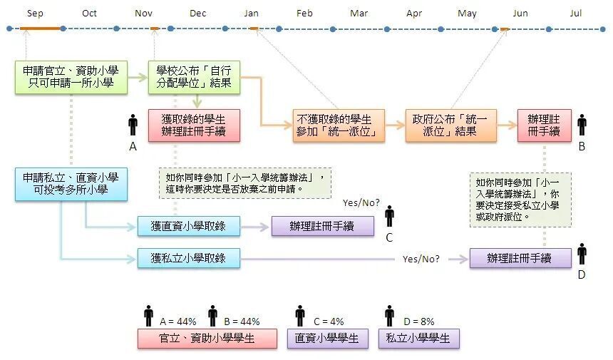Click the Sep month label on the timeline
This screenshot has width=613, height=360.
point(35,14)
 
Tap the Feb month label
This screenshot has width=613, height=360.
point(304,14)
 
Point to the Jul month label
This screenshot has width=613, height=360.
point(575,14)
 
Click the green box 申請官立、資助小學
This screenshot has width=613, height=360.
point(71,77)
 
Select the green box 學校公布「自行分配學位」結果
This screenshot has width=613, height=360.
point(194,77)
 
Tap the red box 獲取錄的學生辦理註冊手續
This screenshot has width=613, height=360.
point(194,125)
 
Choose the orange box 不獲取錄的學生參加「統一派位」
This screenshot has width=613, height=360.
point(339,125)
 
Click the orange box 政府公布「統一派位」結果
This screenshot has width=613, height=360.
point(450,125)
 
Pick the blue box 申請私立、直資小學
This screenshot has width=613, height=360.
point(71,184)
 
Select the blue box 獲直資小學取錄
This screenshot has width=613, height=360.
point(188,226)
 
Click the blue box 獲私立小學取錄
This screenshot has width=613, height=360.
point(188,258)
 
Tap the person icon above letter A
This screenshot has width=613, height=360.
point(133,125)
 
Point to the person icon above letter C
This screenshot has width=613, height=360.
point(389,216)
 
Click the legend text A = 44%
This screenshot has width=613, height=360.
point(178,322)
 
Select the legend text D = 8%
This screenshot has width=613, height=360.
point(418,322)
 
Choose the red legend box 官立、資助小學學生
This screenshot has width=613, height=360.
point(207,339)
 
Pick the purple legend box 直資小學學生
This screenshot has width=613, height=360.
point(328,339)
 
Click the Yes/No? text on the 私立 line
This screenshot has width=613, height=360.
point(421,259)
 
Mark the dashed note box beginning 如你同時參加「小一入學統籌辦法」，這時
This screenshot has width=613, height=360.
point(245,183)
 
